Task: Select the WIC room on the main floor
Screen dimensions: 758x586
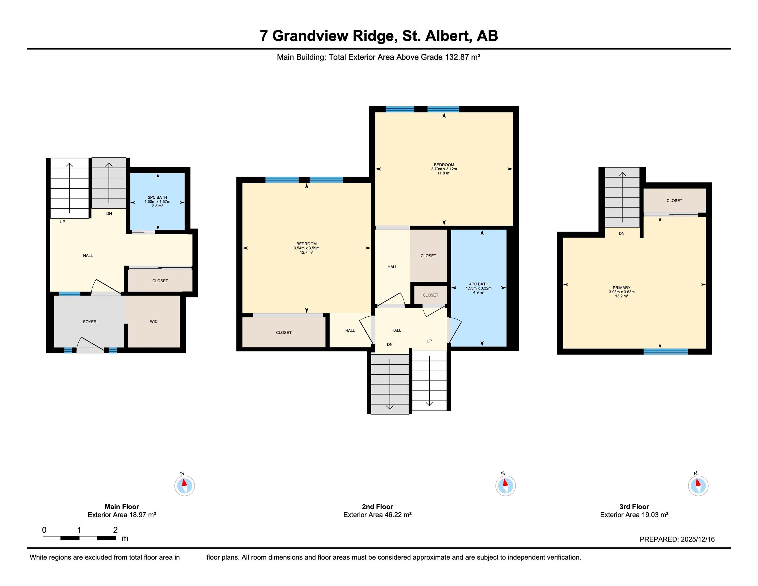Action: pos(154,321)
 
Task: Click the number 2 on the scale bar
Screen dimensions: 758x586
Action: pos(115,530)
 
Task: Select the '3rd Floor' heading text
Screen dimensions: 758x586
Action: pos(634,506)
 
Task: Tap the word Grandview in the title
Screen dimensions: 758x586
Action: pos(310,36)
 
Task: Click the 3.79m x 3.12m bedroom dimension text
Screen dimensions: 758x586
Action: pos(444,169)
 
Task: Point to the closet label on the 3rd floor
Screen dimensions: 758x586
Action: pos(674,201)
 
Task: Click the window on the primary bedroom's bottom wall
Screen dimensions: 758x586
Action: pos(666,352)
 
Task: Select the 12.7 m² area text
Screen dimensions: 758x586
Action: pos(306,252)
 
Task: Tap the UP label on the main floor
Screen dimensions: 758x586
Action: pos(63,222)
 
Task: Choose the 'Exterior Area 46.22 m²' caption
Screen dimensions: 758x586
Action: pos(377,515)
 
